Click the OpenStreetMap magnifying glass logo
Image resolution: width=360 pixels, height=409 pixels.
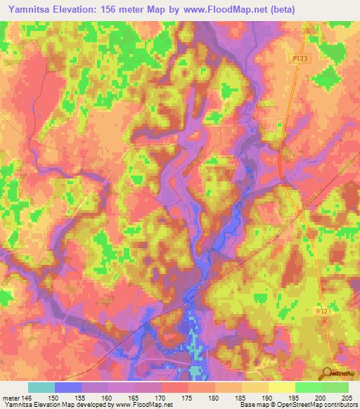328,373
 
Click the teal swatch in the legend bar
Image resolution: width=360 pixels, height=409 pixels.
41,387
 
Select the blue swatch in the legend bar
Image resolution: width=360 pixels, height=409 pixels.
68,387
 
